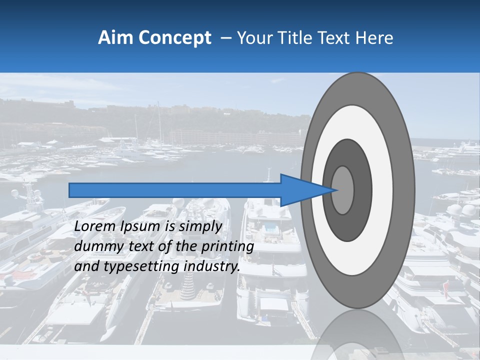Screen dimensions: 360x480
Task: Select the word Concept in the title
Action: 175,38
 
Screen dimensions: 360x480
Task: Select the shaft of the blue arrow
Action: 175,190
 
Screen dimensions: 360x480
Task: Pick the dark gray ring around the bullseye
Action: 362,190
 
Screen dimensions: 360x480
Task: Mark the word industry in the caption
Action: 212,267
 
